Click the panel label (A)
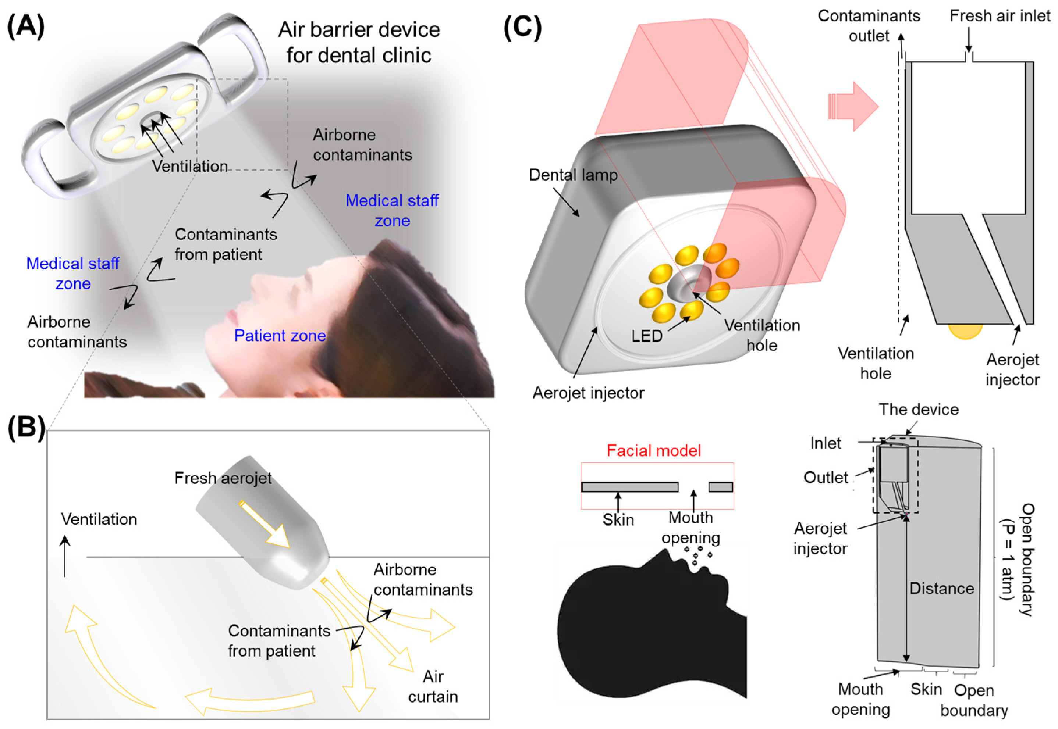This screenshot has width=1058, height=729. coord(26,26)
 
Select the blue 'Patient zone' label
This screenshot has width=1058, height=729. coord(280,336)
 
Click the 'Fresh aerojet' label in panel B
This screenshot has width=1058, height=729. coord(223,478)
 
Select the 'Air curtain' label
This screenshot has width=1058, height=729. coord(432,686)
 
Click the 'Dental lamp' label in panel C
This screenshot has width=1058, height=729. coord(573,175)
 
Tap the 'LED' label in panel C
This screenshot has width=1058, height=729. coord(647,336)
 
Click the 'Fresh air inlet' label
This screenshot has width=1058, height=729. coord(1000,16)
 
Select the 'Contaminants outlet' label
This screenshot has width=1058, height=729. coord(868,26)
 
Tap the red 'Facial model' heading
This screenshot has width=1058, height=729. coord(654,451)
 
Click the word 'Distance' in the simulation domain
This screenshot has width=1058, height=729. coord(941,588)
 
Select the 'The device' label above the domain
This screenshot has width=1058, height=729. coord(919,409)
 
